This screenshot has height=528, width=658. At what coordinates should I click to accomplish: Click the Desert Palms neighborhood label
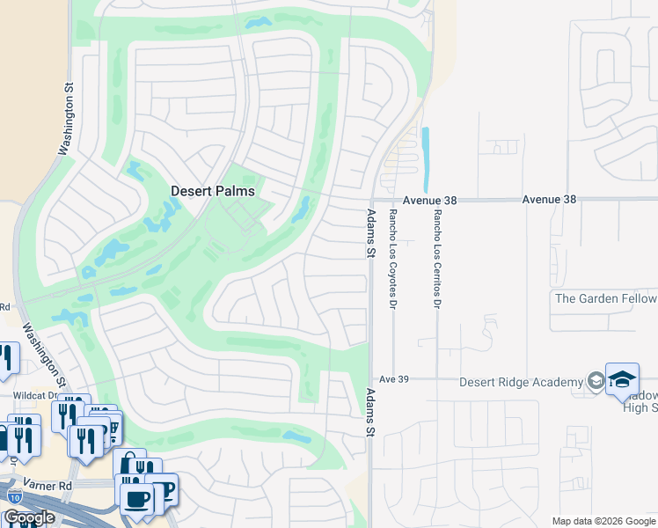click(x=212, y=191)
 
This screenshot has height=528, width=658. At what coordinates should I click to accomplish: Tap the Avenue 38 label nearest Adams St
click(x=430, y=201)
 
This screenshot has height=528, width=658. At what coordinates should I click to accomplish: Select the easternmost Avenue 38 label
click(x=549, y=200)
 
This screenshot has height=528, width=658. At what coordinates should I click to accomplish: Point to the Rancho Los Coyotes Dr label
click(x=393, y=259)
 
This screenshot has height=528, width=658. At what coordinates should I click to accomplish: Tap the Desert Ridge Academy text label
click(x=521, y=382)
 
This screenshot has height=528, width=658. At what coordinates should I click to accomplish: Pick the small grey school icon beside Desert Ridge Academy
click(x=596, y=381)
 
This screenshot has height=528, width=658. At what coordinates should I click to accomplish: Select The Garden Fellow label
click(x=605, y=298)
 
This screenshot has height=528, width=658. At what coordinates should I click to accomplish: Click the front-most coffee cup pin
click(x=137, y=500)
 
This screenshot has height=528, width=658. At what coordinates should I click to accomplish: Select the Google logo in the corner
click(x=28, y=517)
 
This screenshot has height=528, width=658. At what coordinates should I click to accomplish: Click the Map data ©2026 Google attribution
click(x=604, y=521)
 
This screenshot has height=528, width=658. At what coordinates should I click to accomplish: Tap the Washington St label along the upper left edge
click(x=64, y=120)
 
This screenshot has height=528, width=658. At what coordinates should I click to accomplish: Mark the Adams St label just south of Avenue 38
click(x=371, y=233)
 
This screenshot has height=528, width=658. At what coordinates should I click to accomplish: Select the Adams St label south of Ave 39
click(x=371, y=413)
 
